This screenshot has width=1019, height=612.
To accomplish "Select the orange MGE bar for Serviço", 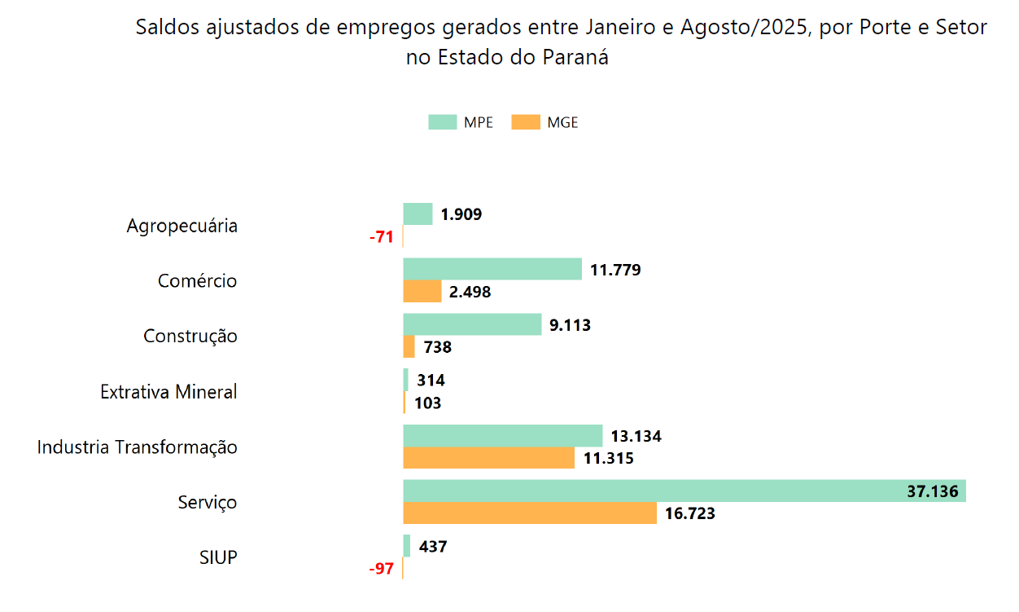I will pos(530,513).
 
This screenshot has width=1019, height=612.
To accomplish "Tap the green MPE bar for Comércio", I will pos(492,269).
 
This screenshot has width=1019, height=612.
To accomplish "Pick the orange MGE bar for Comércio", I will pos(422,291).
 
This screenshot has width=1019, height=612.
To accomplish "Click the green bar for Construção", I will pos(472,324).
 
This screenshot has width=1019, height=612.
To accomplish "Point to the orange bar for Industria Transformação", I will pos(489,458).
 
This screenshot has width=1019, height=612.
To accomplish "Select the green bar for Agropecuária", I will pos(418,214).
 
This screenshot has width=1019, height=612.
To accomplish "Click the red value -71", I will pos(381,237).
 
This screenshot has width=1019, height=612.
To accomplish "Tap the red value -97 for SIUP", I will pos(381,569).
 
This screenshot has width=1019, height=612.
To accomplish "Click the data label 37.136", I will pos(932,491).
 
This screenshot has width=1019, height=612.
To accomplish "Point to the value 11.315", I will pos(608,458).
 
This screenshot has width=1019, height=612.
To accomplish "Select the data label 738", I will pos(437,347).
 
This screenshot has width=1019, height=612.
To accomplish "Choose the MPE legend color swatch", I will pos(442,122).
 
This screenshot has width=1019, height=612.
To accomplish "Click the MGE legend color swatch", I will pos(526,122).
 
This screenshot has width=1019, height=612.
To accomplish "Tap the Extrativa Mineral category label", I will pos(168,392).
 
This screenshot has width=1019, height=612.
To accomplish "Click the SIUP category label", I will pos(218,558).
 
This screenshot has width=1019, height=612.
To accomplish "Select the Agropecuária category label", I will pos(182,226).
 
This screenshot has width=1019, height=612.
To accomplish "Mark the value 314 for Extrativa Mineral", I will pos(431,381).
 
